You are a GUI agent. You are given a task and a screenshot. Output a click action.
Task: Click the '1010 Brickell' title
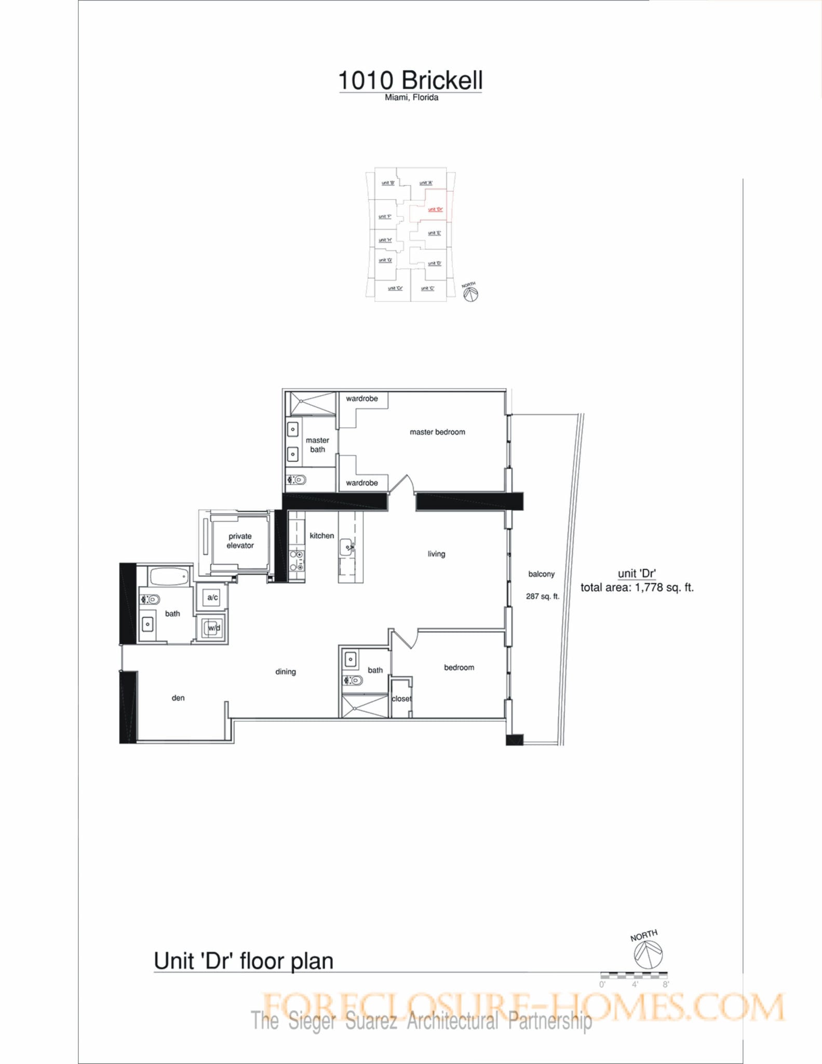click(x=410, y=81)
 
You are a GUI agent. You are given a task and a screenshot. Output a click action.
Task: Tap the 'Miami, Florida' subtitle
click(x=411, y=98)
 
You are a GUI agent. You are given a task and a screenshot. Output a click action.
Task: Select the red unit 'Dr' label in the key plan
click(x=435, y=209)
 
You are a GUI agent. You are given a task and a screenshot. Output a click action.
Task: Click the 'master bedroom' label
click(x=437, y=432)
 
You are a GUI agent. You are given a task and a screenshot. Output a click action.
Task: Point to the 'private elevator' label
click(x=240, y=541)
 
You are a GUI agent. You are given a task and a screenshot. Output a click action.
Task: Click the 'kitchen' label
click(x=322, y=536)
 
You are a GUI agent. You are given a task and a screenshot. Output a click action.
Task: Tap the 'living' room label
click(x=436, y=554)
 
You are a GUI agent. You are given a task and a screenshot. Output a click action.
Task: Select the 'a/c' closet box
click(x=212, y=597)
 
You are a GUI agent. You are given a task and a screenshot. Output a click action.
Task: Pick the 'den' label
click(x=178, y=698)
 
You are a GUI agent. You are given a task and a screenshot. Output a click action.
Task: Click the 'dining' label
click(x=286, y=672)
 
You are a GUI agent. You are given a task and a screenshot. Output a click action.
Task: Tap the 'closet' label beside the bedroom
click(x=401, y=699)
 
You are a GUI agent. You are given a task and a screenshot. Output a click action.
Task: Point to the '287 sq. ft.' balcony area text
click(x=543, y=596)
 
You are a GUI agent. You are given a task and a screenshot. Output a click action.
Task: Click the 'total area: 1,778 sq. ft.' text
click(x=637, y=588)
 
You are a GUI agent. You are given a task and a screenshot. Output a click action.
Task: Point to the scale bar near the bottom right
click(x=634, y=975)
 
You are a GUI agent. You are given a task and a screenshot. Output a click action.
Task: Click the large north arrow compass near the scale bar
click(x=648, y=955)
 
